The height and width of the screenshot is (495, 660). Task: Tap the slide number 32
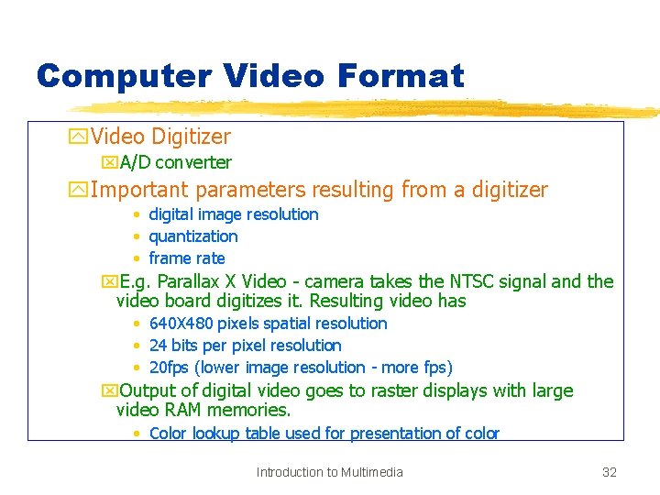click(x=609, y=472)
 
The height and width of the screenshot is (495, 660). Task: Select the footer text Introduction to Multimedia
click(x=329, y=472)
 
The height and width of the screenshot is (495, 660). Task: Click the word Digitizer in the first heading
click(x=191, y=137)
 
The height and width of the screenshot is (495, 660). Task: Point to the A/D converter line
click(x=175, y=162)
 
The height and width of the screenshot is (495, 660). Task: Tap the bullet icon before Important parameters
click(x=78, y=191)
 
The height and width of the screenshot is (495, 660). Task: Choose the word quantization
click(x=192, y=236)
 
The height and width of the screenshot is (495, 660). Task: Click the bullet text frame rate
click(x=186, y=258)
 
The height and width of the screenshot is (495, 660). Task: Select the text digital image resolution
click(x=233, y=214)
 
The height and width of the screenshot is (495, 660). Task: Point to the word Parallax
click(x=193, y=281)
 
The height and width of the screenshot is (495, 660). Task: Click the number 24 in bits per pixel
click(x=158, y=346)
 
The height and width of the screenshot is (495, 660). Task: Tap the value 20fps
click(x=167, y=368)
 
